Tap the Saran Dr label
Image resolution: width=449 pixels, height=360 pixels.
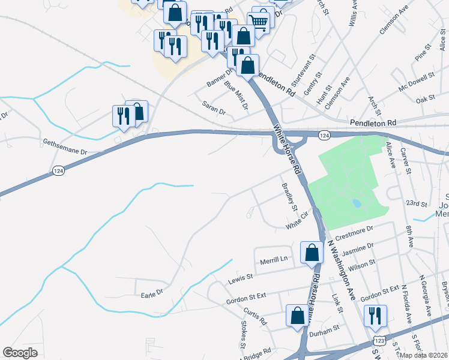tap(214, 112)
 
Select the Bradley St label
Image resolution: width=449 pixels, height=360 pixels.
tap(290, 197)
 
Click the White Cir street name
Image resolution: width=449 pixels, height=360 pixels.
tap(297, 224)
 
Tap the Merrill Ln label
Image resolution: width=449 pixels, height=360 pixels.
tap(274, 259)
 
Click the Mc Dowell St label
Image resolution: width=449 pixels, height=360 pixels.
tap(416, 83)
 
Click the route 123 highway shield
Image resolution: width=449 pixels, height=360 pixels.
tap(379, 341)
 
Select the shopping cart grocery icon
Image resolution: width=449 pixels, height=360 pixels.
tap(259, 22)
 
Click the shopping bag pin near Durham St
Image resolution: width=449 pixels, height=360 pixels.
tap(297, 316)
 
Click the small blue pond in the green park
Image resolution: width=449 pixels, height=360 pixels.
tap(357, 203)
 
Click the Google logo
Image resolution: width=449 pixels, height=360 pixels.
tap(20, 353)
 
